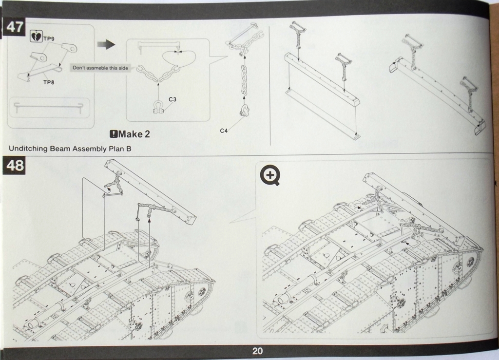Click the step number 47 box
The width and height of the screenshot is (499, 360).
(x=14, y=27)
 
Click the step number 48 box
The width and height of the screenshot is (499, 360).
(x=14, y=166)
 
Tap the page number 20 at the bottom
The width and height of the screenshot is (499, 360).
(x=258, y=351)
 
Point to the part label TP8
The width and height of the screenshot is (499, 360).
(x=49, y=82)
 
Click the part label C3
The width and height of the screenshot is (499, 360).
(x=172, y=99)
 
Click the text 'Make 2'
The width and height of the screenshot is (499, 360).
(x=134, y=134)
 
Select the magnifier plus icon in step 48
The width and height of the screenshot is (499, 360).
(x=269, y=175)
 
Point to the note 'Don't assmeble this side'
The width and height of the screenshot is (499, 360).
(x=100, y=68)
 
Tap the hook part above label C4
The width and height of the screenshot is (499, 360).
(x=243, y=112)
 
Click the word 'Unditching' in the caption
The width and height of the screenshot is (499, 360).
(x=28, y=148)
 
